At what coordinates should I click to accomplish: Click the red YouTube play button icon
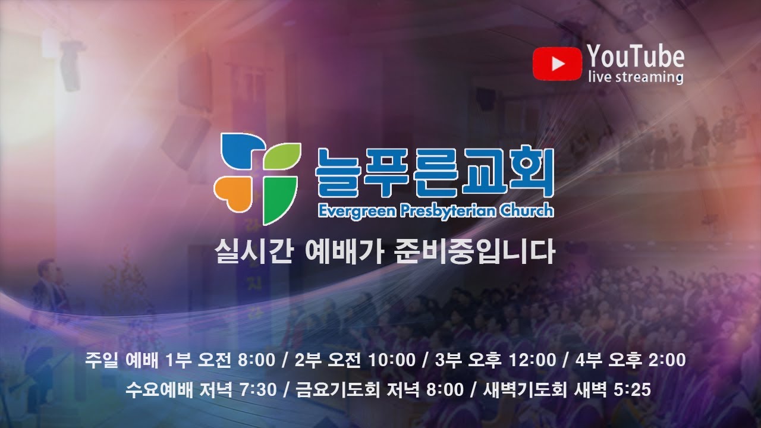point(556,64)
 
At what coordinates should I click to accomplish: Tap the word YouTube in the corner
point(635,56)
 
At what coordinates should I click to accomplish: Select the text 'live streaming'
point(635,77)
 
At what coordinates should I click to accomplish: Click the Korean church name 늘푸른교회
point(435,172)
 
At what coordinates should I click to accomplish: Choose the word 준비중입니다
point(474,252)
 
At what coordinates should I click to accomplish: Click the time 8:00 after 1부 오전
point(256,360)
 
